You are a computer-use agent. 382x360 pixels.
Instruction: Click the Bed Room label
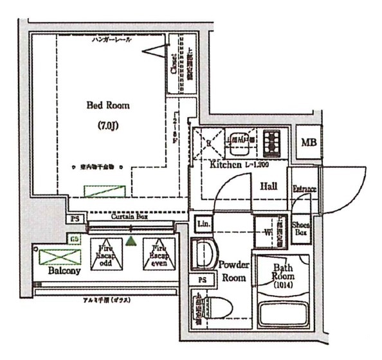click(x=108, y=105)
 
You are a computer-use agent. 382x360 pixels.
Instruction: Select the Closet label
click(x=174, y=64)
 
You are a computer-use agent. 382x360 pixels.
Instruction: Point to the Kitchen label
click(x=224, y=165)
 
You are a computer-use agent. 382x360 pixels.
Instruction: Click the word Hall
click(x=269, y=186)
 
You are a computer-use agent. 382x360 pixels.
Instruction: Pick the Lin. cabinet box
click(x=204, y=225)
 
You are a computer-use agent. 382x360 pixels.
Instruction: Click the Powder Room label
click(x=233, y=271)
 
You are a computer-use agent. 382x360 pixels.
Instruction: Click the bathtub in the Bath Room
click(x=283, y=315)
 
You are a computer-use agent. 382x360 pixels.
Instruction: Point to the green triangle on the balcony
click(x=131, y=241)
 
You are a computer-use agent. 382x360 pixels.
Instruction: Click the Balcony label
click(x=64, y=271)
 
